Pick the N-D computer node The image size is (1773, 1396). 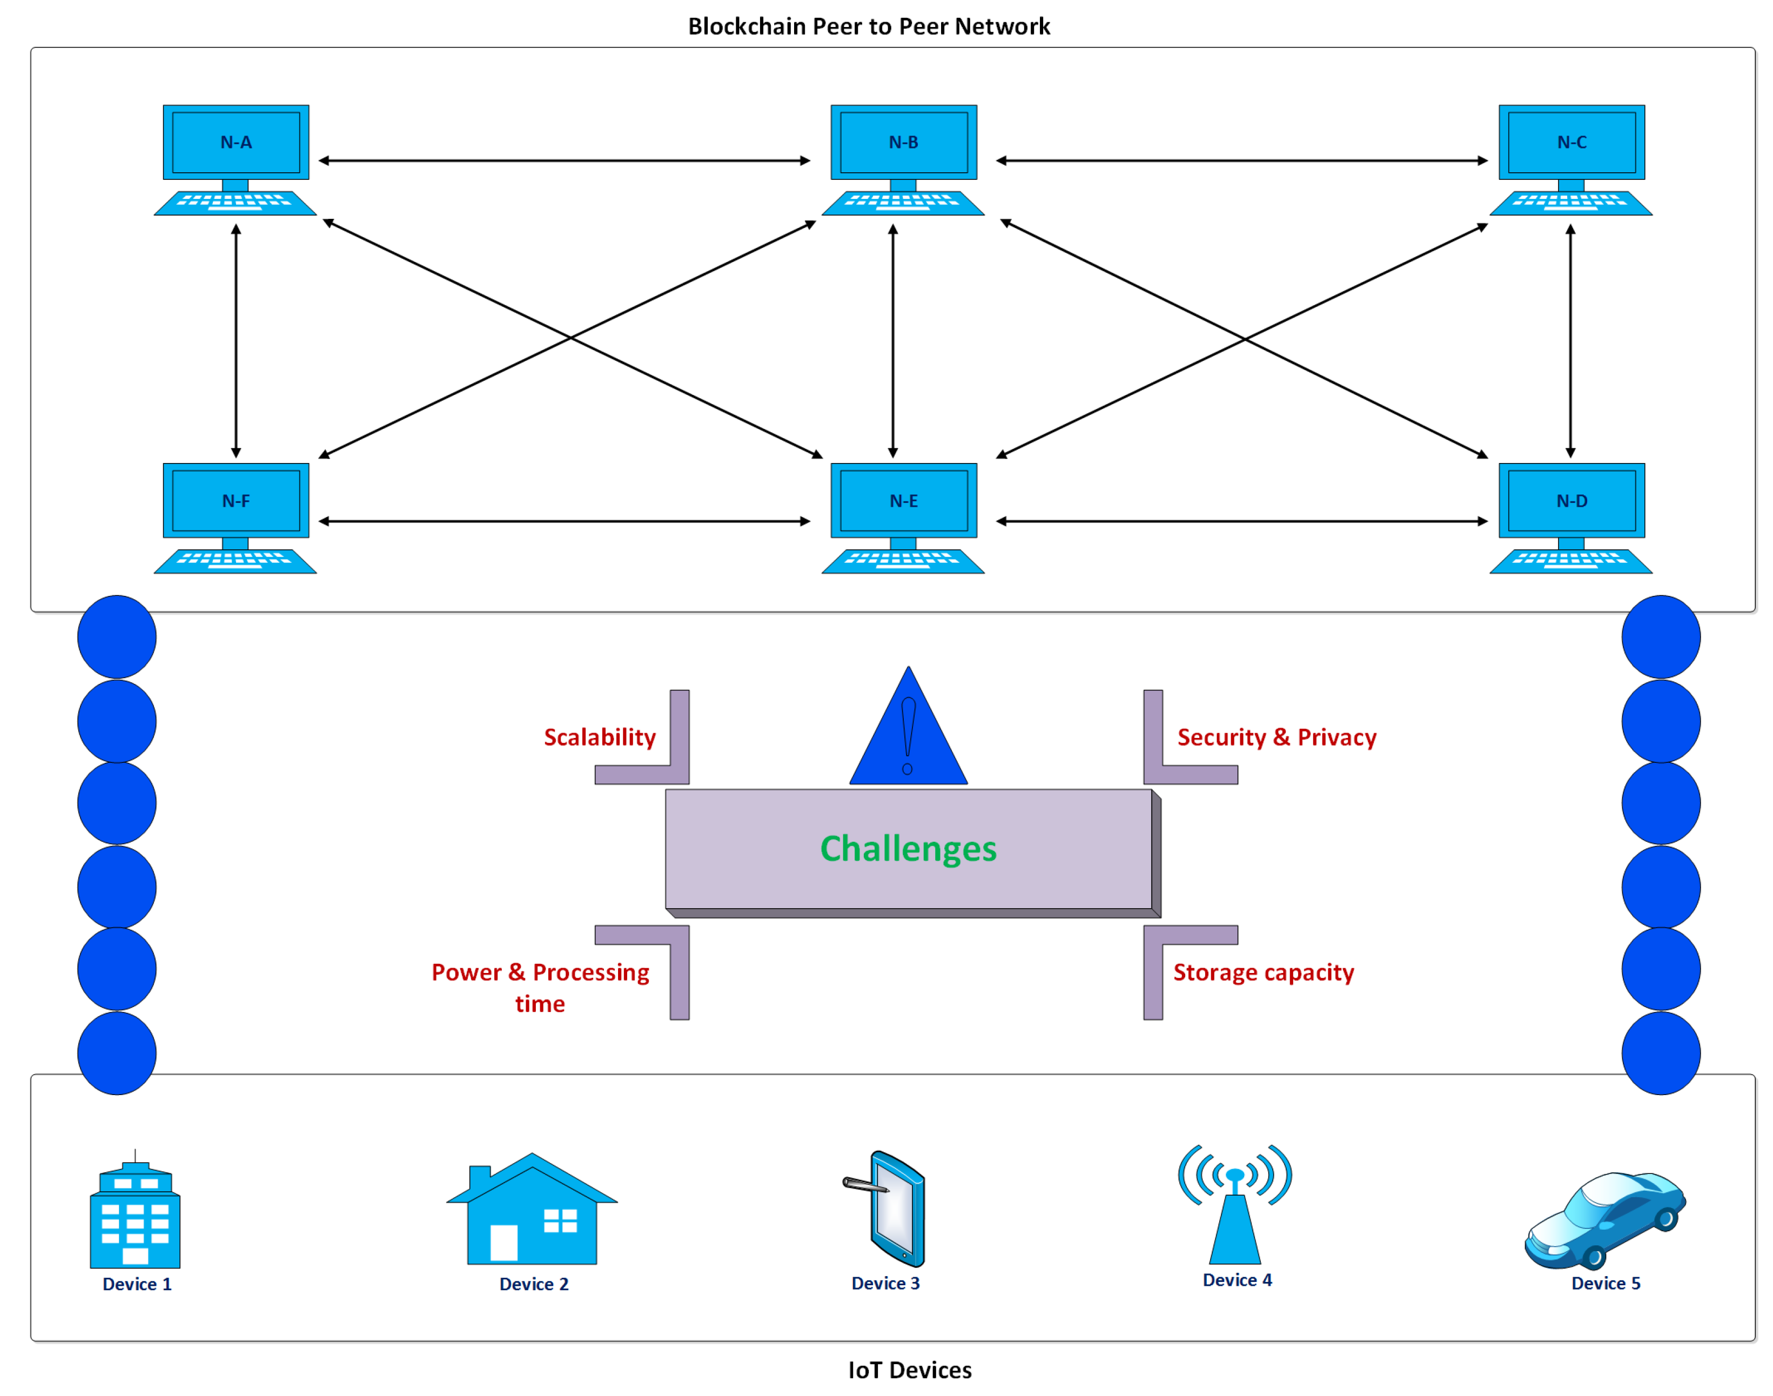1570,518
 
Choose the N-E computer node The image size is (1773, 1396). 903,518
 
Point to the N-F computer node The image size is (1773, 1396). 236,518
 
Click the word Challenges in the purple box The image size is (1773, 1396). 908,848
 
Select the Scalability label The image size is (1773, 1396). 600,737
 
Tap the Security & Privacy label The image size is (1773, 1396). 1276,737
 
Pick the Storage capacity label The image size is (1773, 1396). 1263,972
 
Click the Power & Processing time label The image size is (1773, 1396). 540,988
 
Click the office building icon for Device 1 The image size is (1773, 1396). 135,1210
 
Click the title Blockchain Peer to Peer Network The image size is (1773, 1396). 869,26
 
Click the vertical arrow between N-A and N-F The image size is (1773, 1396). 236,341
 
